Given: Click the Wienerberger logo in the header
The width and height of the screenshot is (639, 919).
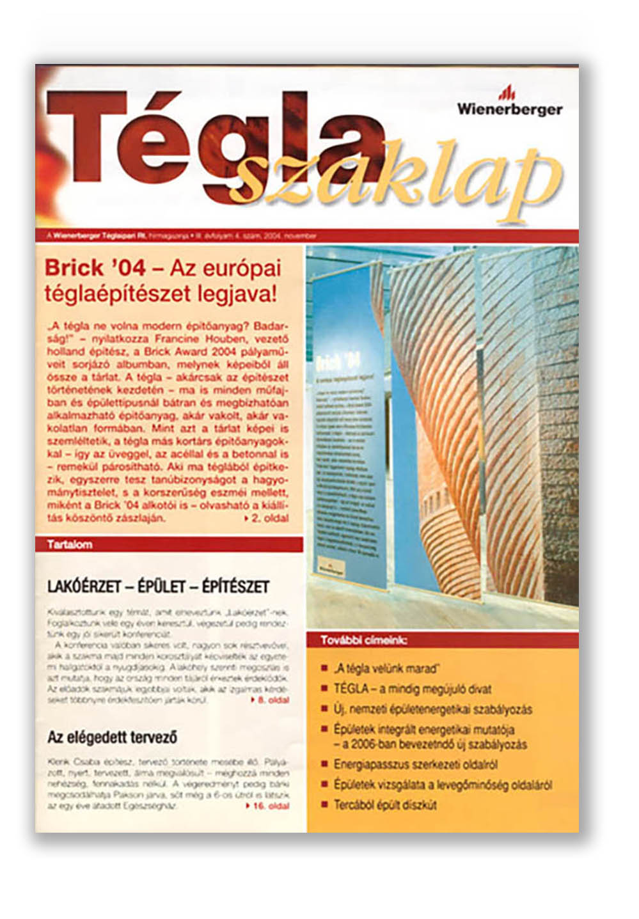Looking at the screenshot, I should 509,102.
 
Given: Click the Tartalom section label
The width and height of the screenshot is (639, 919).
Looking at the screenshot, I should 70,545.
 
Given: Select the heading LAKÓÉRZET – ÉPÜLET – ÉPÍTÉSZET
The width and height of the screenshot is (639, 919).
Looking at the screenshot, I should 158,586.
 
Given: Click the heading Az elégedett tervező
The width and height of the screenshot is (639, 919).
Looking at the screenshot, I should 111,737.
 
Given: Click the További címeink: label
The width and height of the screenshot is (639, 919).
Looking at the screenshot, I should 363,640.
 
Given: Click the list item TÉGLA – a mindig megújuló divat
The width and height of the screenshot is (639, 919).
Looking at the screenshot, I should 412,689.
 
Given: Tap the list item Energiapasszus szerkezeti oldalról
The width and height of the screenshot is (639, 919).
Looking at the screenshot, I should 415,765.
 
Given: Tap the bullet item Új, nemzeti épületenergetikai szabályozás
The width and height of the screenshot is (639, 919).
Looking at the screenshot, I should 432,709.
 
